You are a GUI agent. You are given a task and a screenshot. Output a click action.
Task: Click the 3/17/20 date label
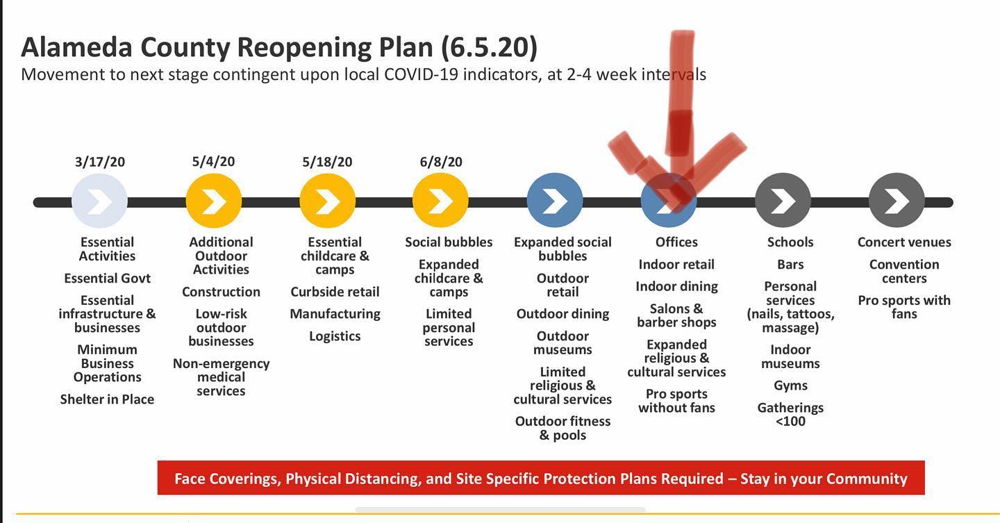click(x=100, y=161)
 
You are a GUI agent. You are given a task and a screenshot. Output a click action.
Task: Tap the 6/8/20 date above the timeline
click(x=440, y=161)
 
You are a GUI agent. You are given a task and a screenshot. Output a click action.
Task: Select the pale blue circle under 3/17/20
click(x=99, y=201)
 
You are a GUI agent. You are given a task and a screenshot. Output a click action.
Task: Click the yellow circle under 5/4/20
click(x=214, y=201)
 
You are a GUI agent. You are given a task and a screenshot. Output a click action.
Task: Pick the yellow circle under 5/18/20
click(x=328, y=201)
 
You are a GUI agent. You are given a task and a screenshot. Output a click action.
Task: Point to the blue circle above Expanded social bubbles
click(x=555, y=201)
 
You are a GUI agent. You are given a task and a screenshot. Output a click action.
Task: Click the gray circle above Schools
click(x=783, y=201)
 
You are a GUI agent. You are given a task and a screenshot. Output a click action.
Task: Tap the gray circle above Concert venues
click(x=897, y=201)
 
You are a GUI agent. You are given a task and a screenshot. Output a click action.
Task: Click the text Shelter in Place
click(x=107, y=399)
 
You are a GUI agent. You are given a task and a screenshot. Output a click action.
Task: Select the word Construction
click(x=221, y=292)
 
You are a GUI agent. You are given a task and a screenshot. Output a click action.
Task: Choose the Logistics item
click(x=335, y=336)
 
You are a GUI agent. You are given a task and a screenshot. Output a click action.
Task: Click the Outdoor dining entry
click(x=562, y=314)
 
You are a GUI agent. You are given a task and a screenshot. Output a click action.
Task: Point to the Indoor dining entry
click(x=677, y=286)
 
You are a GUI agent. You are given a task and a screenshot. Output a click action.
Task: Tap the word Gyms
click(x=790, y=385)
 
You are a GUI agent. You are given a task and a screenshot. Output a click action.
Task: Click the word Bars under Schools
click(x=790, y=265)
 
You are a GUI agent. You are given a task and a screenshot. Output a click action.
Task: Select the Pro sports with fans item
click(x=904, y=307)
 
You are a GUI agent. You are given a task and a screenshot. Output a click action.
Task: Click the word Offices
click(x=676, y=242)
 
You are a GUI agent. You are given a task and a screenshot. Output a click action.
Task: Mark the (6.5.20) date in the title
click(x=490, y=47)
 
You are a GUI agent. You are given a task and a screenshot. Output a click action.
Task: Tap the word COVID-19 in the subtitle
click(x=421, y=74)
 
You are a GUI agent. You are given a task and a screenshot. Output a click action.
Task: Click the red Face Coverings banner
click(x=541, y=478)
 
